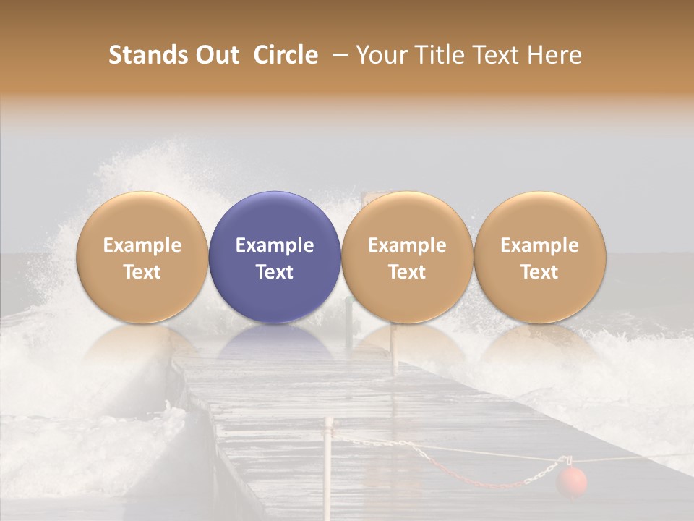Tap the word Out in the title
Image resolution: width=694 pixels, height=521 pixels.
pyautogui.click(x=215, y=55)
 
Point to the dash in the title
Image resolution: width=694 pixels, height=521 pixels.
pyautogui.click(x=337, y=55)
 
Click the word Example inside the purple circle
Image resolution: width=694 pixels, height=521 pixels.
pyautogui.click(x=275, y=245)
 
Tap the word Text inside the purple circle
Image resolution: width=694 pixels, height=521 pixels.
pyautogui.click(x=275, y=272)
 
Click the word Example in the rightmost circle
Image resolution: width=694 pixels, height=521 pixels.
pyautogui.click(x=539, y=245)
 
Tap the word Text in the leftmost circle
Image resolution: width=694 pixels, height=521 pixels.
pyautogui.click(x=142, y=272)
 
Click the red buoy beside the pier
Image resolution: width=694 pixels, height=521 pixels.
pyautogui.click(x=571, y=481)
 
